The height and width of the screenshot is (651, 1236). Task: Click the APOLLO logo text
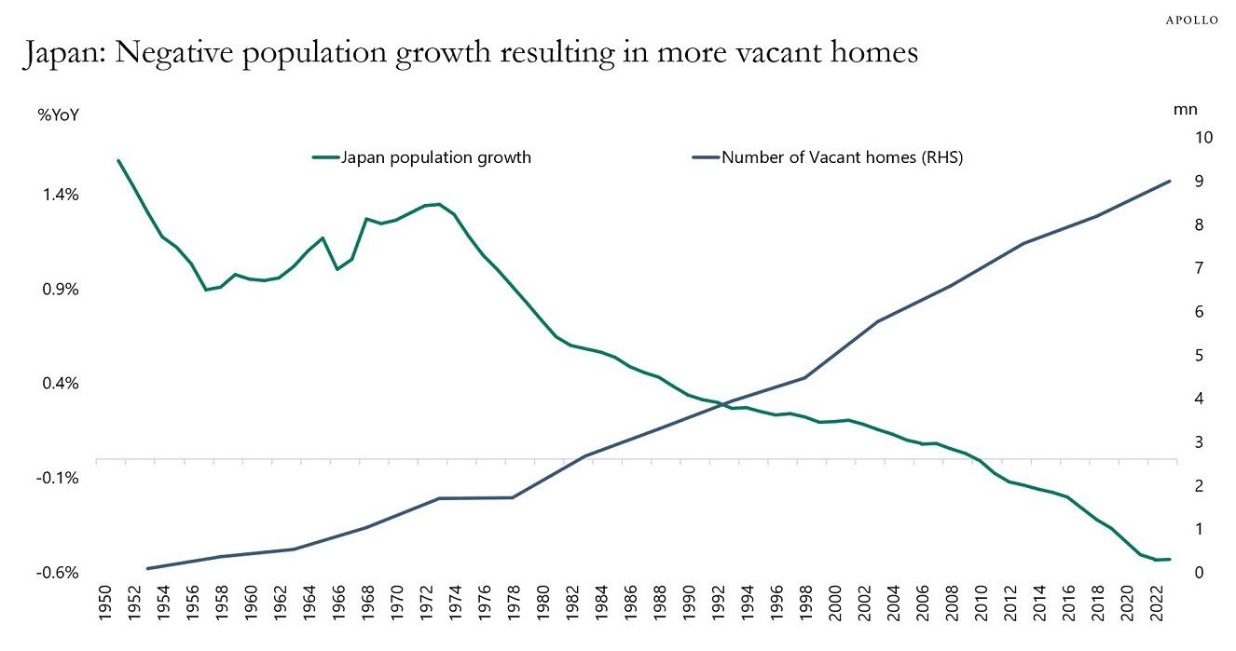(1192, 20)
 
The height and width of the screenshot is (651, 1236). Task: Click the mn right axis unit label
(1185, 109)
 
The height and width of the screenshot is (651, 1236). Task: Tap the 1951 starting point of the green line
(118, 160)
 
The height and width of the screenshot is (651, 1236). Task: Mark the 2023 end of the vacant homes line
(1170, 181)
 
